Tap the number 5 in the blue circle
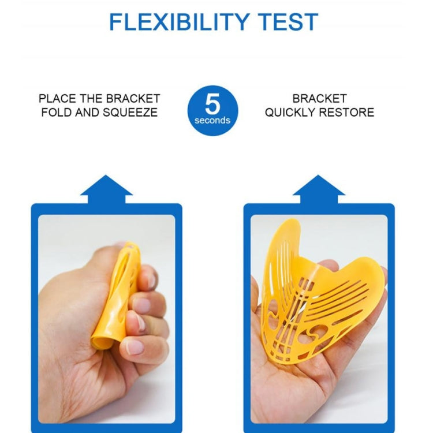(x=212, y=103)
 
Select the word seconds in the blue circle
(x=212, y=121)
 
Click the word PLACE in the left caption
(x=57, y=99)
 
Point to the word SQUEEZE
(x=130, y=113)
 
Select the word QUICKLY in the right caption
(x=290, y=113)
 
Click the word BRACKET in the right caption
(x=319, y=99)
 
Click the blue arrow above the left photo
(x=106, y=189)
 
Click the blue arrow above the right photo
(x=319, y=189)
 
